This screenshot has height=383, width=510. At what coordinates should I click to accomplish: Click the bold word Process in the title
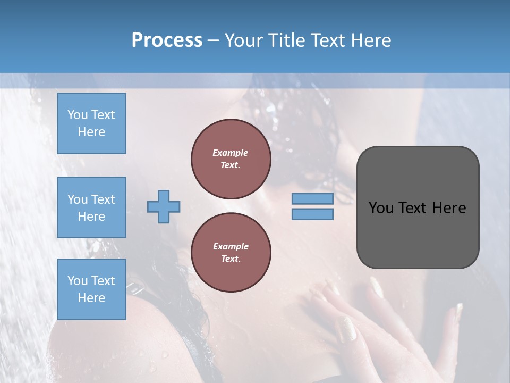pyautogui.click(x=167, y=40)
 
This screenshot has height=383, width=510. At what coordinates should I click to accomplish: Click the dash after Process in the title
pyautogui.click(x=214, y=41)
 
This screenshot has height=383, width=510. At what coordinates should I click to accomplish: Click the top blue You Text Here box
pyautogui.click(x=91, y=123)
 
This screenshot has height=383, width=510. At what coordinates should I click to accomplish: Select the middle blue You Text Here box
pyautogui.click(x=91, y=207)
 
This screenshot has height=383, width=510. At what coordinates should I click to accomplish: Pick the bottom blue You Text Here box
pyautogui.click(x=91, y=289)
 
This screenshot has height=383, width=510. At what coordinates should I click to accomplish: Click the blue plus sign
pyautogui.click(x=164, y=206)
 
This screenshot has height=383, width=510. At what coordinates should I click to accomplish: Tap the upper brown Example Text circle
pyautogui.click(x=231, y=159)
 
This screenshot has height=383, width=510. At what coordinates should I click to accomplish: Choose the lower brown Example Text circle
pyautogui.click(x=231, y=252)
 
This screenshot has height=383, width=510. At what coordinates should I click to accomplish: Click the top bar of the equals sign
pyautogui.click(x=312, y=198)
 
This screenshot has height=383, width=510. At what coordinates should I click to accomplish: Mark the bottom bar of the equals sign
pyautogui.click(x=312, y=214)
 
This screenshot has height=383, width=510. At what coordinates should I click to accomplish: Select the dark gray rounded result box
pyautogui.click(x=418, y=207)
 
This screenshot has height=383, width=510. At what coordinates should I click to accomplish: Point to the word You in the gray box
pyautogui.click(x=380, y=208)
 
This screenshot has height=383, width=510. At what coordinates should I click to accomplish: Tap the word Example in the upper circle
pyautogui.click(x=231, y=153)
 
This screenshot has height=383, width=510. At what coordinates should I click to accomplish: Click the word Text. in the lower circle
pyautogui.click(x=231, y=259)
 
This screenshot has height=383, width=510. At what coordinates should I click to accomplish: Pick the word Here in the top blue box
pyautogui.click(x=91, y=132)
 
